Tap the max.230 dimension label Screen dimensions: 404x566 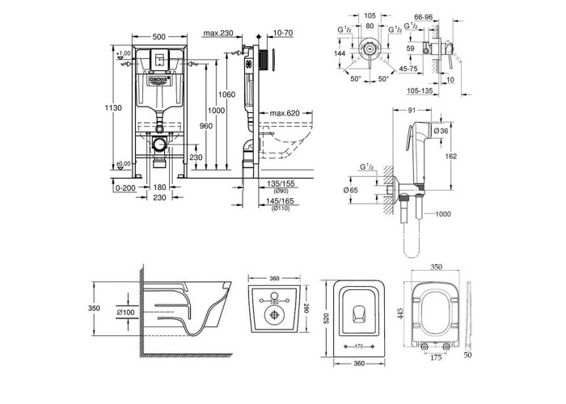tap(218, 33)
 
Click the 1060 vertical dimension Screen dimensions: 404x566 tap(227, 95)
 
